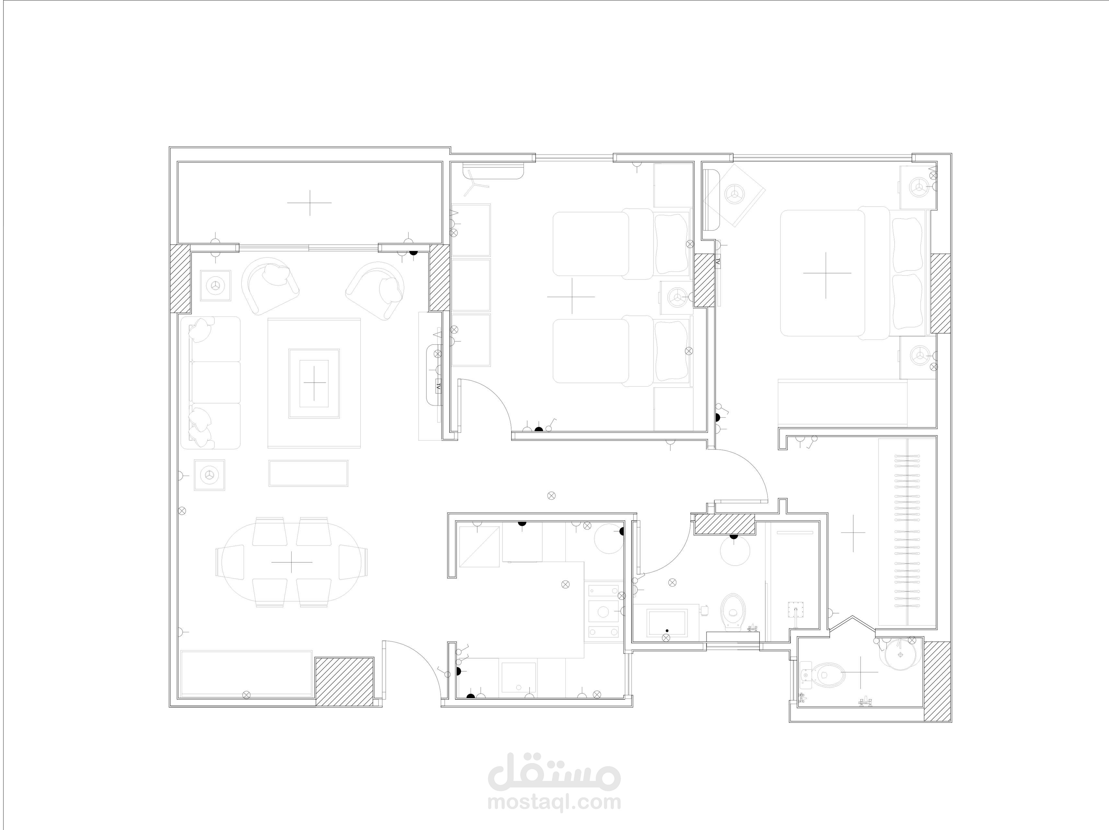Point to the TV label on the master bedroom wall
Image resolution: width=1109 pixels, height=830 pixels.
pos(717,262)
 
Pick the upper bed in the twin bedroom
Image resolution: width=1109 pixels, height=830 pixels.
pos(621,244)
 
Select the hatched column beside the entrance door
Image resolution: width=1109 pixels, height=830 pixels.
pos(344,682)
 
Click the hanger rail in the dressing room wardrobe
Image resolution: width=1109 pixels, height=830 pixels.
pos(908,531)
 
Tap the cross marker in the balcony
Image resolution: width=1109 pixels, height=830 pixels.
pos(309,202)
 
